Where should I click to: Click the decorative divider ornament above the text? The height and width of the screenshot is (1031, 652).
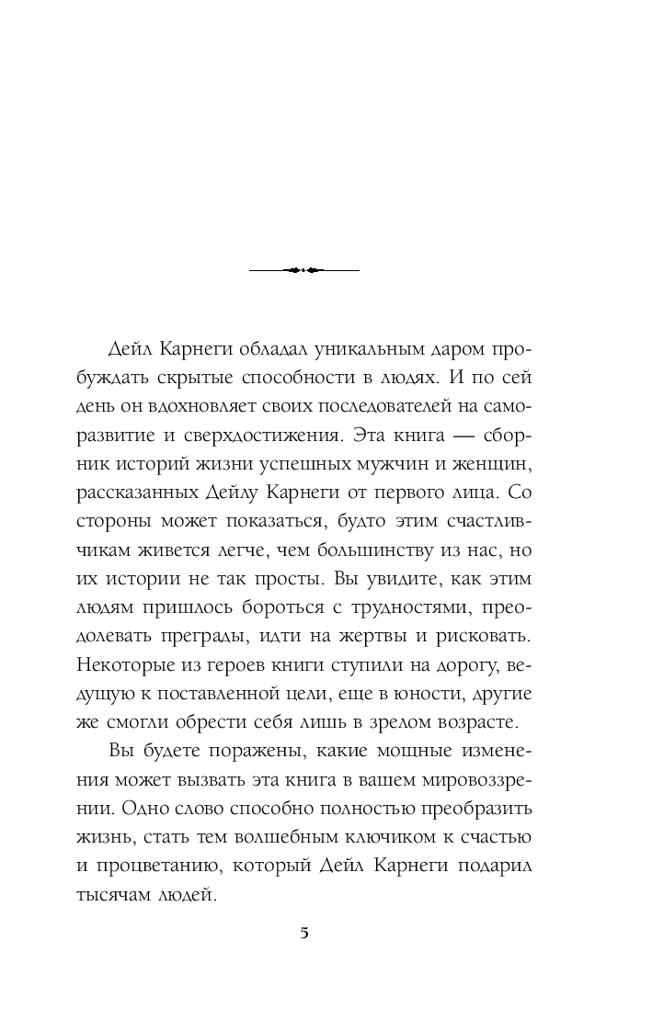303,270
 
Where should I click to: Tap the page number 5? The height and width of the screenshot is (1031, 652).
304,934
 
